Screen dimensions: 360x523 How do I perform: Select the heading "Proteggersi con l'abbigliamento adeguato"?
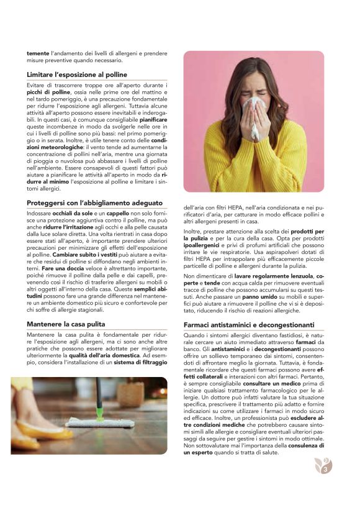pyautogui.click(x=94, y=203)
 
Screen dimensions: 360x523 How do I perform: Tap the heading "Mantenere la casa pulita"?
pyautogui.click(x=66, y=324)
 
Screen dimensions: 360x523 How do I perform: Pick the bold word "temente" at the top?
pyautogui.click(x=37, y=53)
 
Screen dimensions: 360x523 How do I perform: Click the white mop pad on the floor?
pyautogui.click(x=112, y=423)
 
